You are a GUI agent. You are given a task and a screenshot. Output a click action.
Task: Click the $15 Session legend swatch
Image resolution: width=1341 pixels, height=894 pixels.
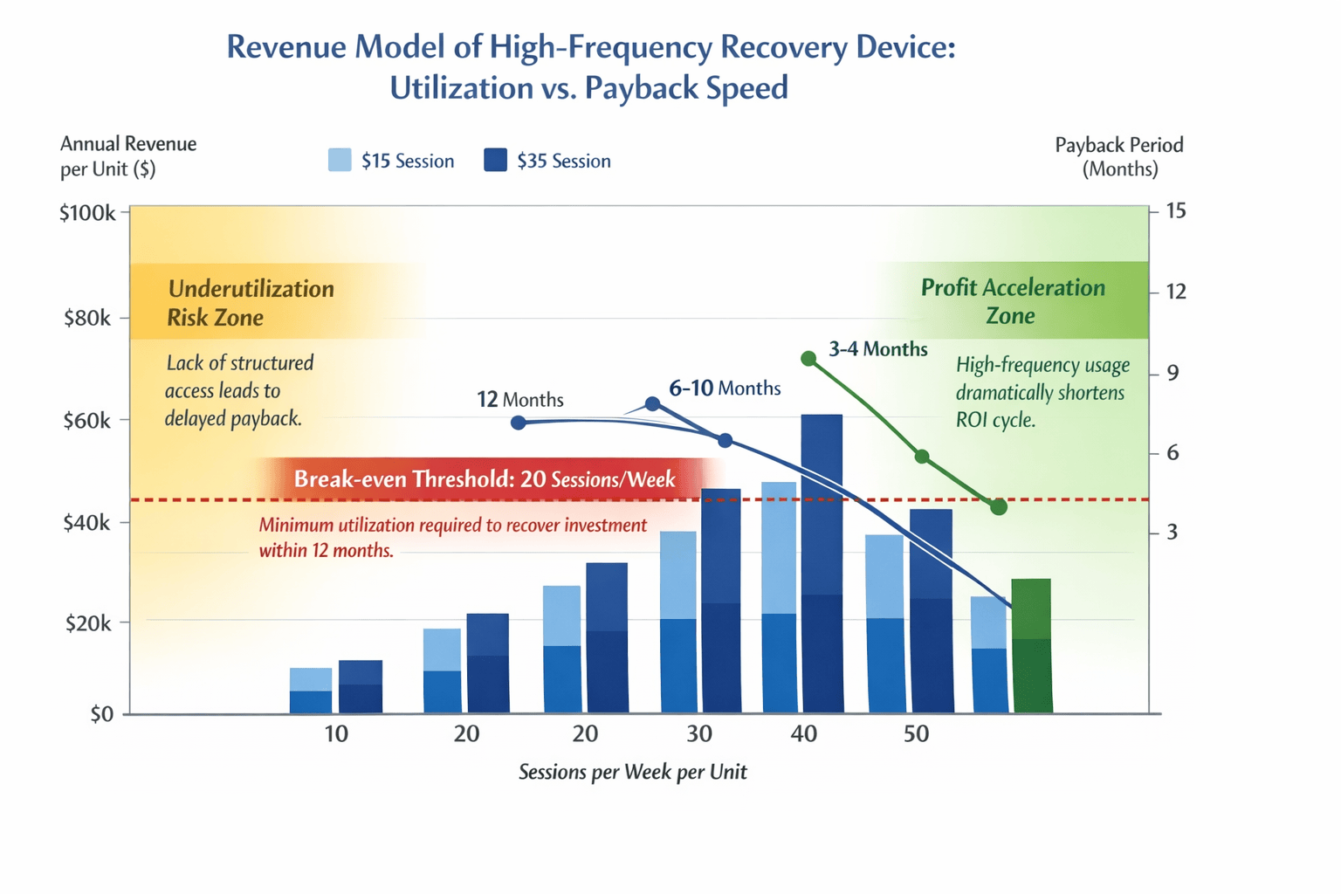(340, 160)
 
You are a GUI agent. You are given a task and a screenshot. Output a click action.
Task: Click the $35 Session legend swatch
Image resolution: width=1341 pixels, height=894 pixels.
(495, 160)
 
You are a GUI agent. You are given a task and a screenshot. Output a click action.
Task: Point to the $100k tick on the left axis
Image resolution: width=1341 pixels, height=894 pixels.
(87, 213)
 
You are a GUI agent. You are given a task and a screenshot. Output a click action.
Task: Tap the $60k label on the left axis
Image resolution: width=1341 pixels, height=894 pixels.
(87, 421)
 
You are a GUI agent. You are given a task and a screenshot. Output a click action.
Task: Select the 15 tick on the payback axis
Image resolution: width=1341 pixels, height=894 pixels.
(1175, 210)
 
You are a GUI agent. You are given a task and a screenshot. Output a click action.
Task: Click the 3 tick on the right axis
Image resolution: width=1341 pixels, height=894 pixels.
(1172, 532)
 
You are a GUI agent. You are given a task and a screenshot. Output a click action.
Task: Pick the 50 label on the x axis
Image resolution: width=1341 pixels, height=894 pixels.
(916, 734)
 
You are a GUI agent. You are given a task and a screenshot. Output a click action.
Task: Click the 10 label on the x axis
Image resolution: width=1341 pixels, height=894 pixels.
(336, 734)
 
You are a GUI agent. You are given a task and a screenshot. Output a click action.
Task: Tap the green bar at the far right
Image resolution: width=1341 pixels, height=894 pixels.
(1031, 646)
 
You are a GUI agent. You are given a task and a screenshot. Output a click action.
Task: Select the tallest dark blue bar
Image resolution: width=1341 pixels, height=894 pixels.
(822, 563)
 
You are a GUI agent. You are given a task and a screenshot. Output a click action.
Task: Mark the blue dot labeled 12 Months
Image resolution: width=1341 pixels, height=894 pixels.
(519, 423)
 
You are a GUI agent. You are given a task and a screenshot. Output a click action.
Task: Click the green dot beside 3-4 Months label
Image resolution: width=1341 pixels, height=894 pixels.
(808, 359)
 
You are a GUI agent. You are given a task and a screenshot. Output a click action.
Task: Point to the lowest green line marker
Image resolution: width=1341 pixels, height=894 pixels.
(1000, 507)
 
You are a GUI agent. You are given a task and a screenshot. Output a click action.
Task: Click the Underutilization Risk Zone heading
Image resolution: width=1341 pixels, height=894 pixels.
(251, 302)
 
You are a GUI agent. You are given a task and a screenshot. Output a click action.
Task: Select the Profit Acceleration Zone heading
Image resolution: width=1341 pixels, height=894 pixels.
(1013, 301)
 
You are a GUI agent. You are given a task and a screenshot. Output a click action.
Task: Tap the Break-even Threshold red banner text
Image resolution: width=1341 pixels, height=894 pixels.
(485, 479)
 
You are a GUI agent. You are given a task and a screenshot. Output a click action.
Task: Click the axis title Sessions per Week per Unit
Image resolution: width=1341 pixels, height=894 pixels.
(632, 772)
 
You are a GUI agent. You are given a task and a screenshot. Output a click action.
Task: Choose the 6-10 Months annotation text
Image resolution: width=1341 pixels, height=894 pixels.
(725, 388)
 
